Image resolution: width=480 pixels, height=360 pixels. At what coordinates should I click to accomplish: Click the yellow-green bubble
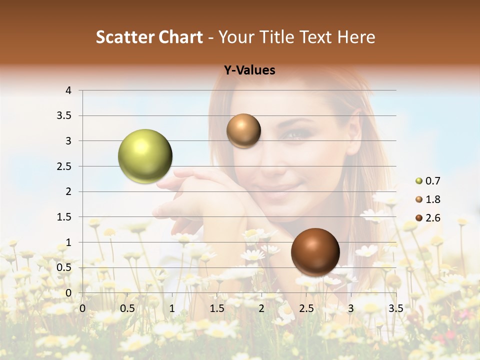click(x=145, y=156)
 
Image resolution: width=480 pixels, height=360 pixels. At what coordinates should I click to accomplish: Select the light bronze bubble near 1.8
click(x=243, y=131)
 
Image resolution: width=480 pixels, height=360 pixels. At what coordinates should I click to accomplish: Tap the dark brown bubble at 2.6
click(x=315, y=252)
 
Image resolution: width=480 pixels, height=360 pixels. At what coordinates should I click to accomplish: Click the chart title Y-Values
click(x=249, y=70)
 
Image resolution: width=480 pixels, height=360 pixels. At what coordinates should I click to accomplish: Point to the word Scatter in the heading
click(x=125, y=37)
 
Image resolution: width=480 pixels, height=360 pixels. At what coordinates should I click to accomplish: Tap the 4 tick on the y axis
click(x=68, y=90)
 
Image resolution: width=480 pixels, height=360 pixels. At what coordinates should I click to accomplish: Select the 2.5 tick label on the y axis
click(x=64, y=166)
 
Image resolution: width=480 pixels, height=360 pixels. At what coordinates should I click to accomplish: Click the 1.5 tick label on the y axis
click(x=64, y=217)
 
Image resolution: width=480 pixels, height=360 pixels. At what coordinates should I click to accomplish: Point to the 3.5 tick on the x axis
click(x=395, y=308)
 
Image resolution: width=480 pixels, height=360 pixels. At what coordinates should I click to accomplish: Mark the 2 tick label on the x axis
click(x=261, y=308)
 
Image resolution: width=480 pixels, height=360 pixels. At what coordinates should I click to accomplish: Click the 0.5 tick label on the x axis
click(x=127, y=308)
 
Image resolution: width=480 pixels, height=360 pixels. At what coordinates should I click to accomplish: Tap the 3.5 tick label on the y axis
click(x=64, y=116)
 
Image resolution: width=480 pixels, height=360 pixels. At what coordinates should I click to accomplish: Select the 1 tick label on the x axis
click(x=172, y=308)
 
